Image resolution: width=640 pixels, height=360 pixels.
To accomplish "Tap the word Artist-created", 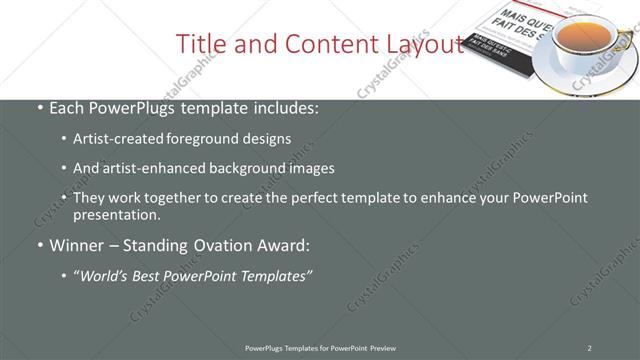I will tap(114, 140).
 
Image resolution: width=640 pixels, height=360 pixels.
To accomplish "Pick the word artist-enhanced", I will tap(148, 169).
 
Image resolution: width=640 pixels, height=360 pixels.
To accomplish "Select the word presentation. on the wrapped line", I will tap(116, 214).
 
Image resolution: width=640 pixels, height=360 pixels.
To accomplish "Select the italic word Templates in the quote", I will tap(276, 276).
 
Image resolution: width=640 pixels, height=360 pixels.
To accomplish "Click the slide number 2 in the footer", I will tap(589, 348).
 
